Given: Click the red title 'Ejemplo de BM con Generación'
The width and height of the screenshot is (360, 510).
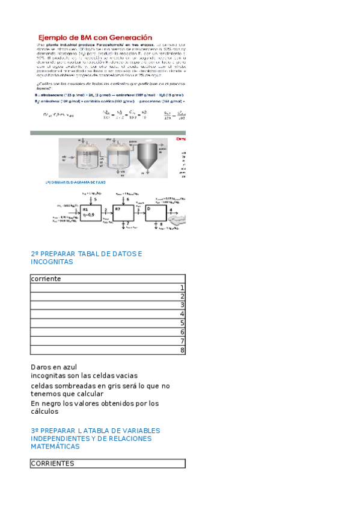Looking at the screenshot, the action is [x=95, y=37].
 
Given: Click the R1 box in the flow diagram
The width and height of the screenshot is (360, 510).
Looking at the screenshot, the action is [x=89, y=212].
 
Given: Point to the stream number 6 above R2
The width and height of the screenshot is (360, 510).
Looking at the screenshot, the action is [x=127, y=198].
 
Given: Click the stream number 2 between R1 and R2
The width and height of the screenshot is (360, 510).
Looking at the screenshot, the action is [x=106, y=209].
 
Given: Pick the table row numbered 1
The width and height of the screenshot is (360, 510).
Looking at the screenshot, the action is [x=108, y=288].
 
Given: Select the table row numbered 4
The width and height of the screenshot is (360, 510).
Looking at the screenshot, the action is [x=108, y=314].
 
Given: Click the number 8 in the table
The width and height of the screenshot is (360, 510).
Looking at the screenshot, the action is [x=182, y=350].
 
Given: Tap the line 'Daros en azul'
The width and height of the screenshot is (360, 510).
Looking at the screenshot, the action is [x=53, y=367].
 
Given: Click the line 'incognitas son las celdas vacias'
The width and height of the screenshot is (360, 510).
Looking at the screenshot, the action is [x=84, y=376].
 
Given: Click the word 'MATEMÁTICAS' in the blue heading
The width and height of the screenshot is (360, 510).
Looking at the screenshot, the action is [x=55, y=447].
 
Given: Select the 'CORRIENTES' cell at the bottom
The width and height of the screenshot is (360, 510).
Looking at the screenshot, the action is [x=52, y=464].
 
